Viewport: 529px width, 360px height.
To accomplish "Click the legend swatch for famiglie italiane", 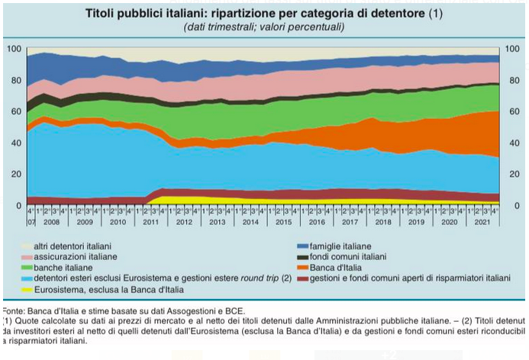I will point(302,247).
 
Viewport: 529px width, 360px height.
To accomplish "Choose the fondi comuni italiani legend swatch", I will point(302,258).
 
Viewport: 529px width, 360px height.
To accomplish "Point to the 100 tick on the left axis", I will point(14,50).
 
